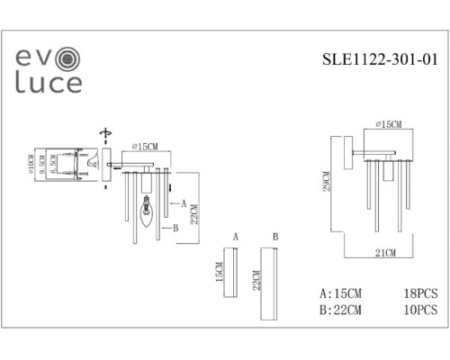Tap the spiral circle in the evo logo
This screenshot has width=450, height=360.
68,58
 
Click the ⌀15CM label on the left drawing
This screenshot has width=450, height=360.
143,147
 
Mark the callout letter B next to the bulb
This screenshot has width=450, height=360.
176,228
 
